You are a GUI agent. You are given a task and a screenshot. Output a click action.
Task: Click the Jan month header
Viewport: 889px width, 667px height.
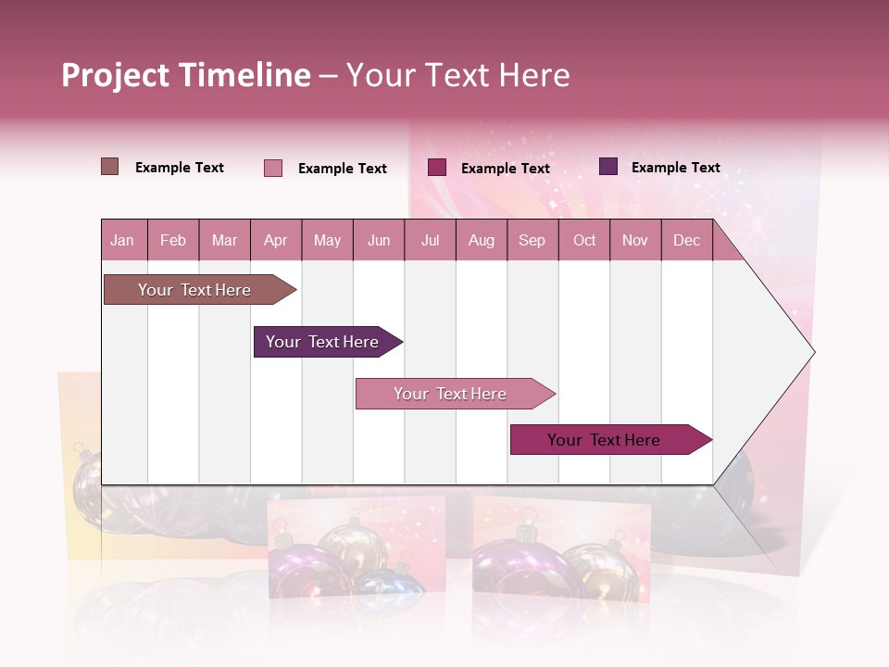[122, 240]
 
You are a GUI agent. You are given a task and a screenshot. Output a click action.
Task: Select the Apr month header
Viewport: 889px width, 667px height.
[275, 240]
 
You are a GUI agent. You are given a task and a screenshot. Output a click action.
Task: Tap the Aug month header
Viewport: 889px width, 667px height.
[481, 240]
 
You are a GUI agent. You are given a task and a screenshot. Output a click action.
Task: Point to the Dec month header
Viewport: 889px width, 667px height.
[686, 240]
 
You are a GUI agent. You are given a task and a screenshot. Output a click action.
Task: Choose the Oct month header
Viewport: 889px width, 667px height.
[584, 240]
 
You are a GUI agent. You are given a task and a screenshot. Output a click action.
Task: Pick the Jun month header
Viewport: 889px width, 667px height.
[379, 240]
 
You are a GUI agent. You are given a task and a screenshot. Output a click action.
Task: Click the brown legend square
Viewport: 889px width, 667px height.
[109, 167]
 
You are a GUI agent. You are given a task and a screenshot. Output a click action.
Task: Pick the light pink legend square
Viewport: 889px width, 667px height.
[272, 168]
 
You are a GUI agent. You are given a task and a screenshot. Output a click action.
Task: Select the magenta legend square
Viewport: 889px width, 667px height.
[437, 167]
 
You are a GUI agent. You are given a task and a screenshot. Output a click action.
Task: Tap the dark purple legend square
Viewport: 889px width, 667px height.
[608, 167]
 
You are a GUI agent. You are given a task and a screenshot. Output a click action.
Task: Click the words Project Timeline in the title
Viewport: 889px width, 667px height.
[185, 75]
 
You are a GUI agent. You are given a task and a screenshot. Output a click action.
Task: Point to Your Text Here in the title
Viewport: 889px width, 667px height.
[457, 75]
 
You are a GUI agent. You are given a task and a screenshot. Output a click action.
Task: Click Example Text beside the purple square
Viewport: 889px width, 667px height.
[675, 168]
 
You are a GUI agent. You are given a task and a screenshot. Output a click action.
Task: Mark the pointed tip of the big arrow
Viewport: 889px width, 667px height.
[812, 351]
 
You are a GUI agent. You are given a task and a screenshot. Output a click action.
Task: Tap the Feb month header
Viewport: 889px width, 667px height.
[173, 240]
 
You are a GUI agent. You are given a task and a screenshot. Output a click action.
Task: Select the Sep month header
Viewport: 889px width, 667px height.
[532, 240]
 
